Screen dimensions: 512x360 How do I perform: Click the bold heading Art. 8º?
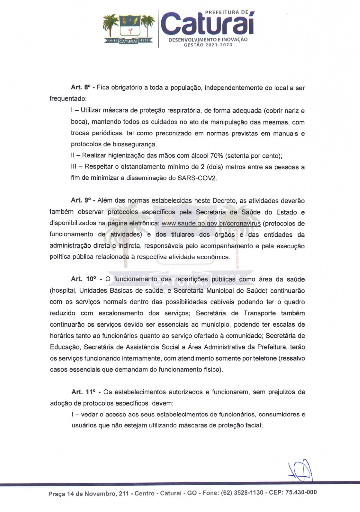coord(80,88)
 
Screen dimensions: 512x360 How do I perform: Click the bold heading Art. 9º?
coord(81,200)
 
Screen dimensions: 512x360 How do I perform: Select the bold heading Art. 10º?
coord(83,279)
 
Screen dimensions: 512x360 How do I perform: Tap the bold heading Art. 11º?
coord(83,392)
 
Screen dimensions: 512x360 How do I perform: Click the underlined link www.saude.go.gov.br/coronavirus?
coord(211,223)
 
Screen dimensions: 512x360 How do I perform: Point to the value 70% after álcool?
coord(217,156)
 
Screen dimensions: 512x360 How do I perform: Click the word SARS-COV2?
coord(197,178)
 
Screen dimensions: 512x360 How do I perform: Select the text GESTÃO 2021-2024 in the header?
coord(208,45)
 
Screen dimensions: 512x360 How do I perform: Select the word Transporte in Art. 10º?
coord(259,313)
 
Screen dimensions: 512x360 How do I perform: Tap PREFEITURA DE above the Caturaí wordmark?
coord(226,12)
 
